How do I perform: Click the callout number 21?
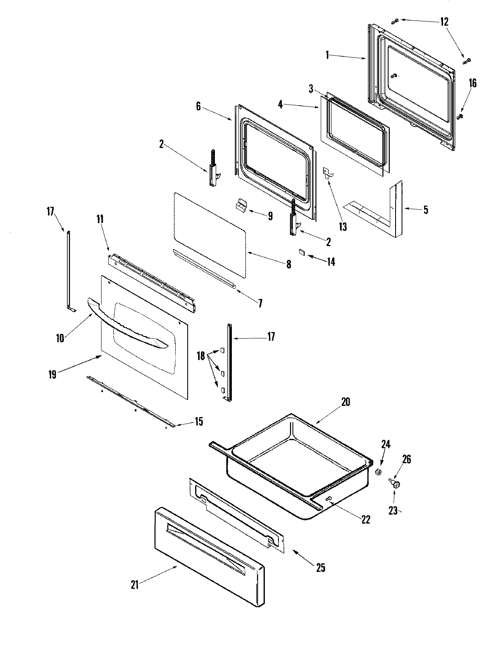coord(134,585)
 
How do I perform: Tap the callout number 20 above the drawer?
coord(345,401)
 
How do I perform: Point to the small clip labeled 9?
coord(240,205)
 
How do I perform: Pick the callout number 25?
coord(321,568)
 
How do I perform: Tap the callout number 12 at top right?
coord(444,21)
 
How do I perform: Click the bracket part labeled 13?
coord(328,171)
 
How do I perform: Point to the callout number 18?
coord(201,356)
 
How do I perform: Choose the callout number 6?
coord(198,106)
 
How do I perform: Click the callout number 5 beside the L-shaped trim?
coord(425,210)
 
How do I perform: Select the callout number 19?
coord(52,374)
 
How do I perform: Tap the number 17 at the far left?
coord(50,212)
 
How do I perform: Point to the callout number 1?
coord(327,55)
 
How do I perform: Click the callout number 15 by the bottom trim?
coord(199,422)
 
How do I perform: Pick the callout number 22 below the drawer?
coord(365,519)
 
